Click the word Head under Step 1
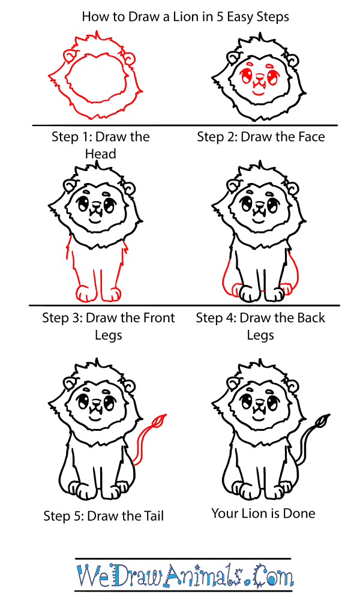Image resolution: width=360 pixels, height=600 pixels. pos(100,154)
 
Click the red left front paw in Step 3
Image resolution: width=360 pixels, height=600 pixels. pos(85,294)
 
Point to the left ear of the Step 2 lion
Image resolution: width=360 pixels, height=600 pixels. pos(233,58)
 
